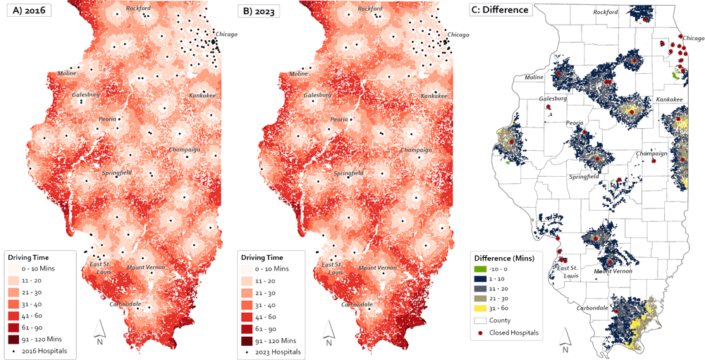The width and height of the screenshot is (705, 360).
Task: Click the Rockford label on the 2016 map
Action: [x=138, y=8]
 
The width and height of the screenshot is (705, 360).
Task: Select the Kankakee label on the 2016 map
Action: [x=202, y=95]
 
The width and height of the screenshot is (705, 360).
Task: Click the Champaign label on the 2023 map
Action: [x=415, y=150]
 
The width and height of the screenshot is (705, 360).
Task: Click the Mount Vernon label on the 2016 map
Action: [x=147, y=267]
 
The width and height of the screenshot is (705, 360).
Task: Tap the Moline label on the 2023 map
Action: [x=298, y=73]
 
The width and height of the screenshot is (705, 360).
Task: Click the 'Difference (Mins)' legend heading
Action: [x=503, y=258]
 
